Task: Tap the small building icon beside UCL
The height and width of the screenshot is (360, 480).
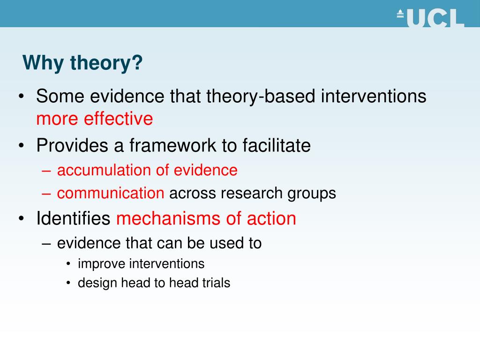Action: pyautogui.click(x=400, y=14)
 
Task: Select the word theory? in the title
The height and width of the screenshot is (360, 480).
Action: pyautogui.click(x=106, y=63)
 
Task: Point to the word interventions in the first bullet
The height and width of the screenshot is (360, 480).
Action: pyautogui.click(x=374, y=97)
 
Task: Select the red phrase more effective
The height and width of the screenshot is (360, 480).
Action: pyautogui.click(x=95, y=119)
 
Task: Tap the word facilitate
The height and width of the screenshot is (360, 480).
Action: pyautogui.click(x=277, y=146)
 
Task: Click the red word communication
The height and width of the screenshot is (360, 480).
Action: pyautogui.click(x=111, y=193)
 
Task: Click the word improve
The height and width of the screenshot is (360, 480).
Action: pyautogui.click(x=102, y=264)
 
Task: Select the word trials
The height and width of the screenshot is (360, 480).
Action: pyautogui.click(x=217, y=283)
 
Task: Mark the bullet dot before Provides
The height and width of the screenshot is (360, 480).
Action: pyautogui.click(x=22, y=146)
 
